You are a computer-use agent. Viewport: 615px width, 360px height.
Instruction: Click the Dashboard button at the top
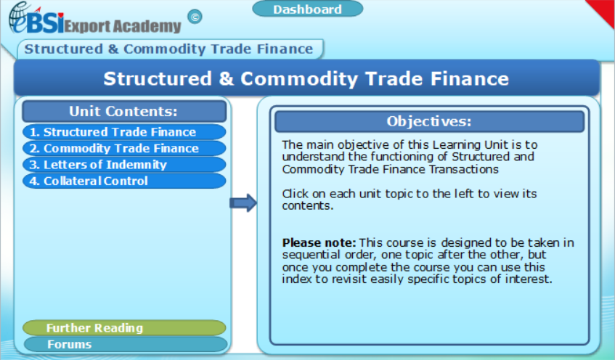coord(307,9)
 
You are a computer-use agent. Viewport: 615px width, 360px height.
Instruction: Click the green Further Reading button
coord(124,328)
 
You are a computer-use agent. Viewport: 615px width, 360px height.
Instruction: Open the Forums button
coord(124,344)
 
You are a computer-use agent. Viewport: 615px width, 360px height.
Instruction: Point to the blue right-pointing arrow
coord(243,203)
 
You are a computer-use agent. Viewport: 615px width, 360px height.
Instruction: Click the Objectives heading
coord(429,121)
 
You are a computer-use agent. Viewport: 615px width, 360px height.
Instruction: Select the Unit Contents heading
coord(123,112)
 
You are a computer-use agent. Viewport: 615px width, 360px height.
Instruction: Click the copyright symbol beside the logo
coord(195,16)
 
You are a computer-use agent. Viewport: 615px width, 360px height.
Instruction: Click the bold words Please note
coord(319,242)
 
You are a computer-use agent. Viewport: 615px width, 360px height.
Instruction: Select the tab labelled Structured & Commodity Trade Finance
coord(169,49)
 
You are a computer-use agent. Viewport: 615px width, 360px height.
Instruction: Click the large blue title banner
coord(306,78)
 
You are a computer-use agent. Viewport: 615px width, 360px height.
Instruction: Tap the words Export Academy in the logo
coord(123,25)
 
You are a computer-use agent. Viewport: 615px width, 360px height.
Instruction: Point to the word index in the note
coord(297,279)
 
